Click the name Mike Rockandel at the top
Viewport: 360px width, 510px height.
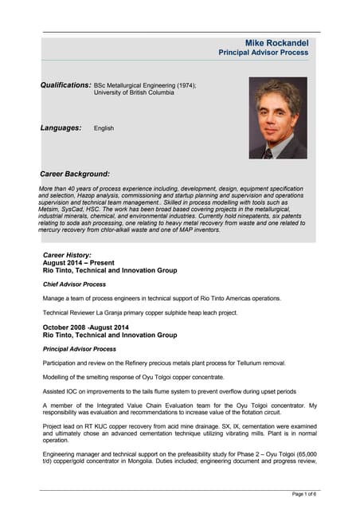click(277, 41)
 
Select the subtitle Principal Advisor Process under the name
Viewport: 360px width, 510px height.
click(264, 53)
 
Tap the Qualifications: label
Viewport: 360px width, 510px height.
click(66, 84)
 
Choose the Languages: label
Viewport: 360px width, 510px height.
click(61, 127)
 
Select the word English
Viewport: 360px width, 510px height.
click(104, 127)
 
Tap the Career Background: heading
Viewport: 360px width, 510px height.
click(75, 174)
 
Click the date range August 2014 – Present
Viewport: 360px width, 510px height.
click(78, 262)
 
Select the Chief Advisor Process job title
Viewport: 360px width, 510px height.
click(75, 284)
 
